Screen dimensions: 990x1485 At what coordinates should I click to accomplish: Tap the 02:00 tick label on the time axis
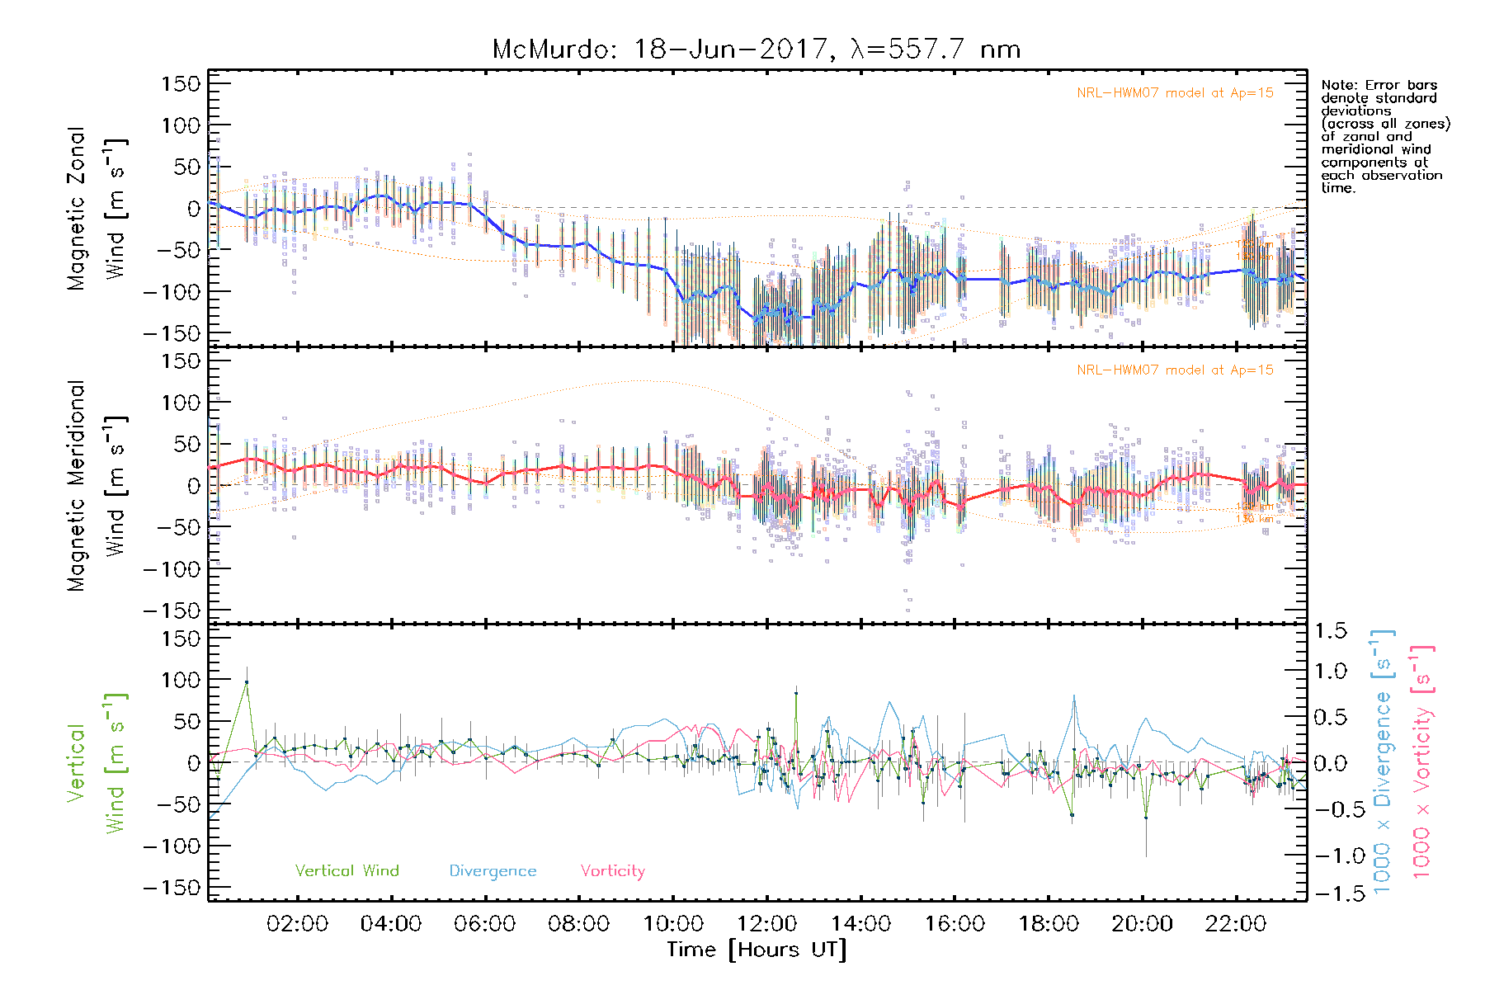(297, 924)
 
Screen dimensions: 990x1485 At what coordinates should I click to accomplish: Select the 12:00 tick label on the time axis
(766, 924)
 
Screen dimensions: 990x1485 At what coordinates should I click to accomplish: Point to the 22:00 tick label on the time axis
(1235, 924)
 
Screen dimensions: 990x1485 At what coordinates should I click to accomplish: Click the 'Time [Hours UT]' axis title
(757, 950)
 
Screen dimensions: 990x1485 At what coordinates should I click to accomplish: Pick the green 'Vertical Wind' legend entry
(346, 871)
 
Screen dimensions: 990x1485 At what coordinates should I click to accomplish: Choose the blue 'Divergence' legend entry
(493, 871)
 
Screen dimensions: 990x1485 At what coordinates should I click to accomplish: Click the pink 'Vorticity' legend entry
(612, 871)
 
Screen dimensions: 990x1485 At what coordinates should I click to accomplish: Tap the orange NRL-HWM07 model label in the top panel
(1175, 93)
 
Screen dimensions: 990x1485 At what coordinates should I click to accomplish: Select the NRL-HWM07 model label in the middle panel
(1175, 370)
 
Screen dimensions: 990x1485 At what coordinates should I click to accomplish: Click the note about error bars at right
(1384, 136)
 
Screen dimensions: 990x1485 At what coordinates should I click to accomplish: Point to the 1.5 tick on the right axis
(1330, 631)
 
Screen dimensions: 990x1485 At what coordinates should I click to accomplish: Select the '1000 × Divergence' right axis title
(1383, 761)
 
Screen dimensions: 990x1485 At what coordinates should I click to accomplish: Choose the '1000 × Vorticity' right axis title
(1421, 761)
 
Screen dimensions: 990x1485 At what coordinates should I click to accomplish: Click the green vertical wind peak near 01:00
(246, 682)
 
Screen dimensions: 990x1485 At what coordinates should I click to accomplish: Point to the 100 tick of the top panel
(181, 125)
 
